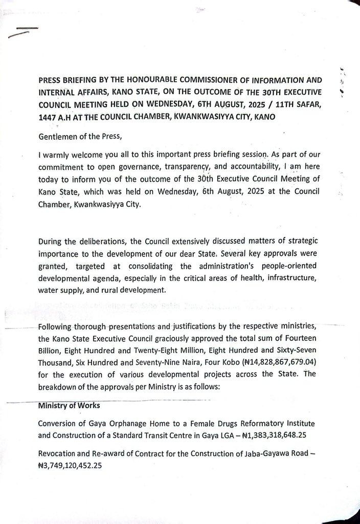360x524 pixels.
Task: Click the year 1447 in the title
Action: click(48, 117)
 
